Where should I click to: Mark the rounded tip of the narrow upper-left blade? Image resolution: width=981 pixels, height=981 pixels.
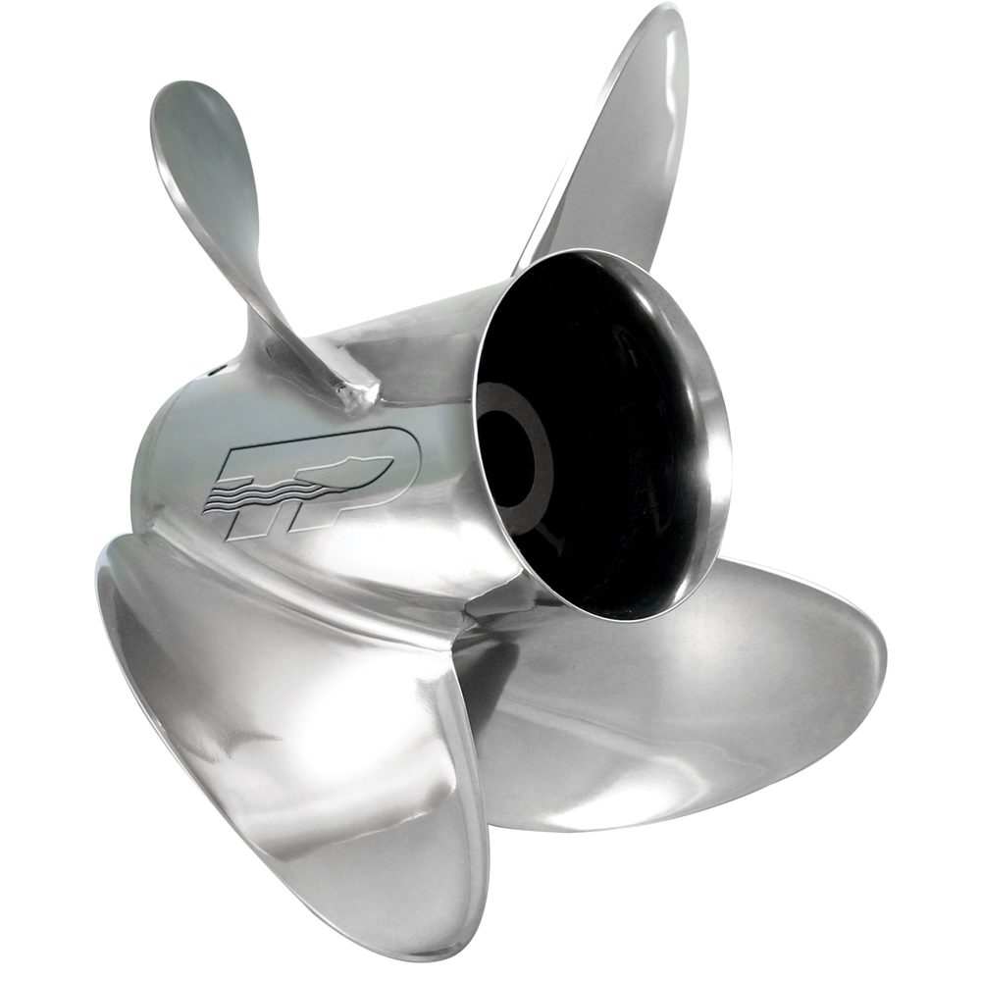181,108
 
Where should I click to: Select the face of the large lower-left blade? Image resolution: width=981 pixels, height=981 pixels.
294,746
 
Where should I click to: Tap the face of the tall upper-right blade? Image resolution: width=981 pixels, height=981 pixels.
618,157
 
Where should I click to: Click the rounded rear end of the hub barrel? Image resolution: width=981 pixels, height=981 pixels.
162,432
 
